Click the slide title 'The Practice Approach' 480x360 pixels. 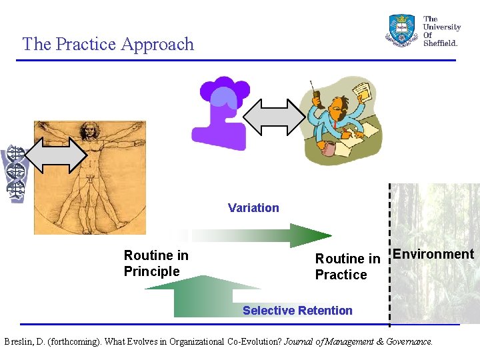point(108,44)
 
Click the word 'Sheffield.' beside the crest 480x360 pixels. point(440,43)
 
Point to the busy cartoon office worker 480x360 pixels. point(337,123)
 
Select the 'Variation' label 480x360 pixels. point(253,208)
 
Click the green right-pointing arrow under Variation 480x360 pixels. point(267,235)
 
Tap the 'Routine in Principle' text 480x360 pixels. point(156,263)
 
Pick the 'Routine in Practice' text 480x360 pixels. point(347,267)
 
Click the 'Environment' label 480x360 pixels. point(433,254)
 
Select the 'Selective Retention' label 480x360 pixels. point(297,311)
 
